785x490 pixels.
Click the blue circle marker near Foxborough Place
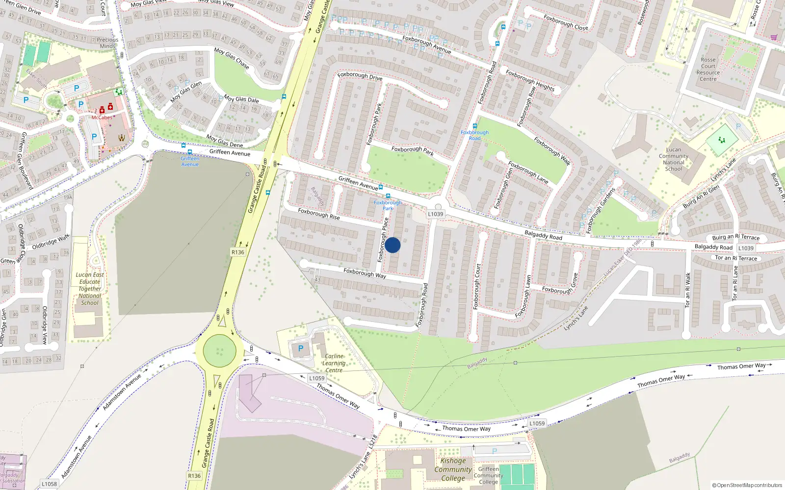pos(392,245)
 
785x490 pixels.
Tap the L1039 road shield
pos(435,214)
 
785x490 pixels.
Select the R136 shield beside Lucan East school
pos(237,252)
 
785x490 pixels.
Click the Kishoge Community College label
pos(453,469)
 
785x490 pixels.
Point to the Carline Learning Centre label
pos(334,363)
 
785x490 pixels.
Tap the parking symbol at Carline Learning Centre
pos(301,348)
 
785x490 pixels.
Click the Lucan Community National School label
pos(674,159)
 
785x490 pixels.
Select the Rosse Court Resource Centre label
pos(708,69)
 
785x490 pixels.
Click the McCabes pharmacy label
pos(102,118)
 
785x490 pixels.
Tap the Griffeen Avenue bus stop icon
pos(190,152)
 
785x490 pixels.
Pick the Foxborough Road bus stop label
pos(474,135)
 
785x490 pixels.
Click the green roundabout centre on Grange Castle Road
pos(220,351)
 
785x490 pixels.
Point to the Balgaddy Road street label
pos(543,235)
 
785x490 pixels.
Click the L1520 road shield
pos(746,248)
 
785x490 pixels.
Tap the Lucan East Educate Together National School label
pos(90,289)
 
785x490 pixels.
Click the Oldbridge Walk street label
pos(51,242)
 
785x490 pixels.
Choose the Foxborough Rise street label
pos(319,214)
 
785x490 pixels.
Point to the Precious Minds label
pos(107,43)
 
